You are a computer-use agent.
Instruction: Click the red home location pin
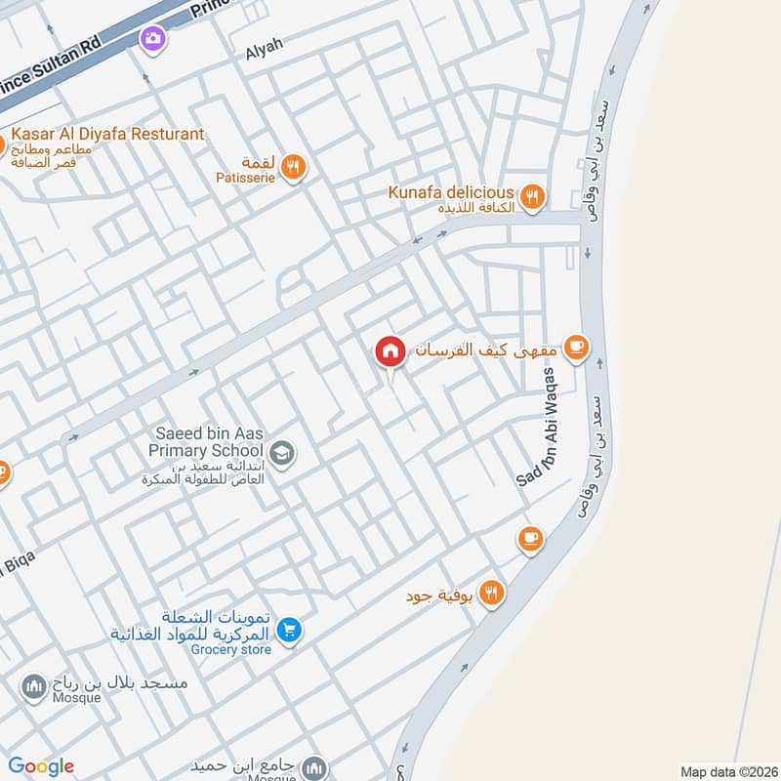(390, 352)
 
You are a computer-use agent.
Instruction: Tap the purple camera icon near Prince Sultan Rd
(152, 38)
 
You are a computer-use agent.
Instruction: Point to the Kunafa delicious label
(451, 191)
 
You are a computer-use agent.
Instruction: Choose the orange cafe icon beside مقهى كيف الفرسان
(576, 347)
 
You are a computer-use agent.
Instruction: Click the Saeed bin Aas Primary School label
(205, 441)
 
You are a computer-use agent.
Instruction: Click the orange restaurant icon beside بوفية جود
(491, 593)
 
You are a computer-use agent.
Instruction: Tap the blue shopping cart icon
(287, 631)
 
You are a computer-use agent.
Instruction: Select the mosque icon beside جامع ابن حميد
(313, 766)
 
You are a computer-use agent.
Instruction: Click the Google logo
(42, 765)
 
